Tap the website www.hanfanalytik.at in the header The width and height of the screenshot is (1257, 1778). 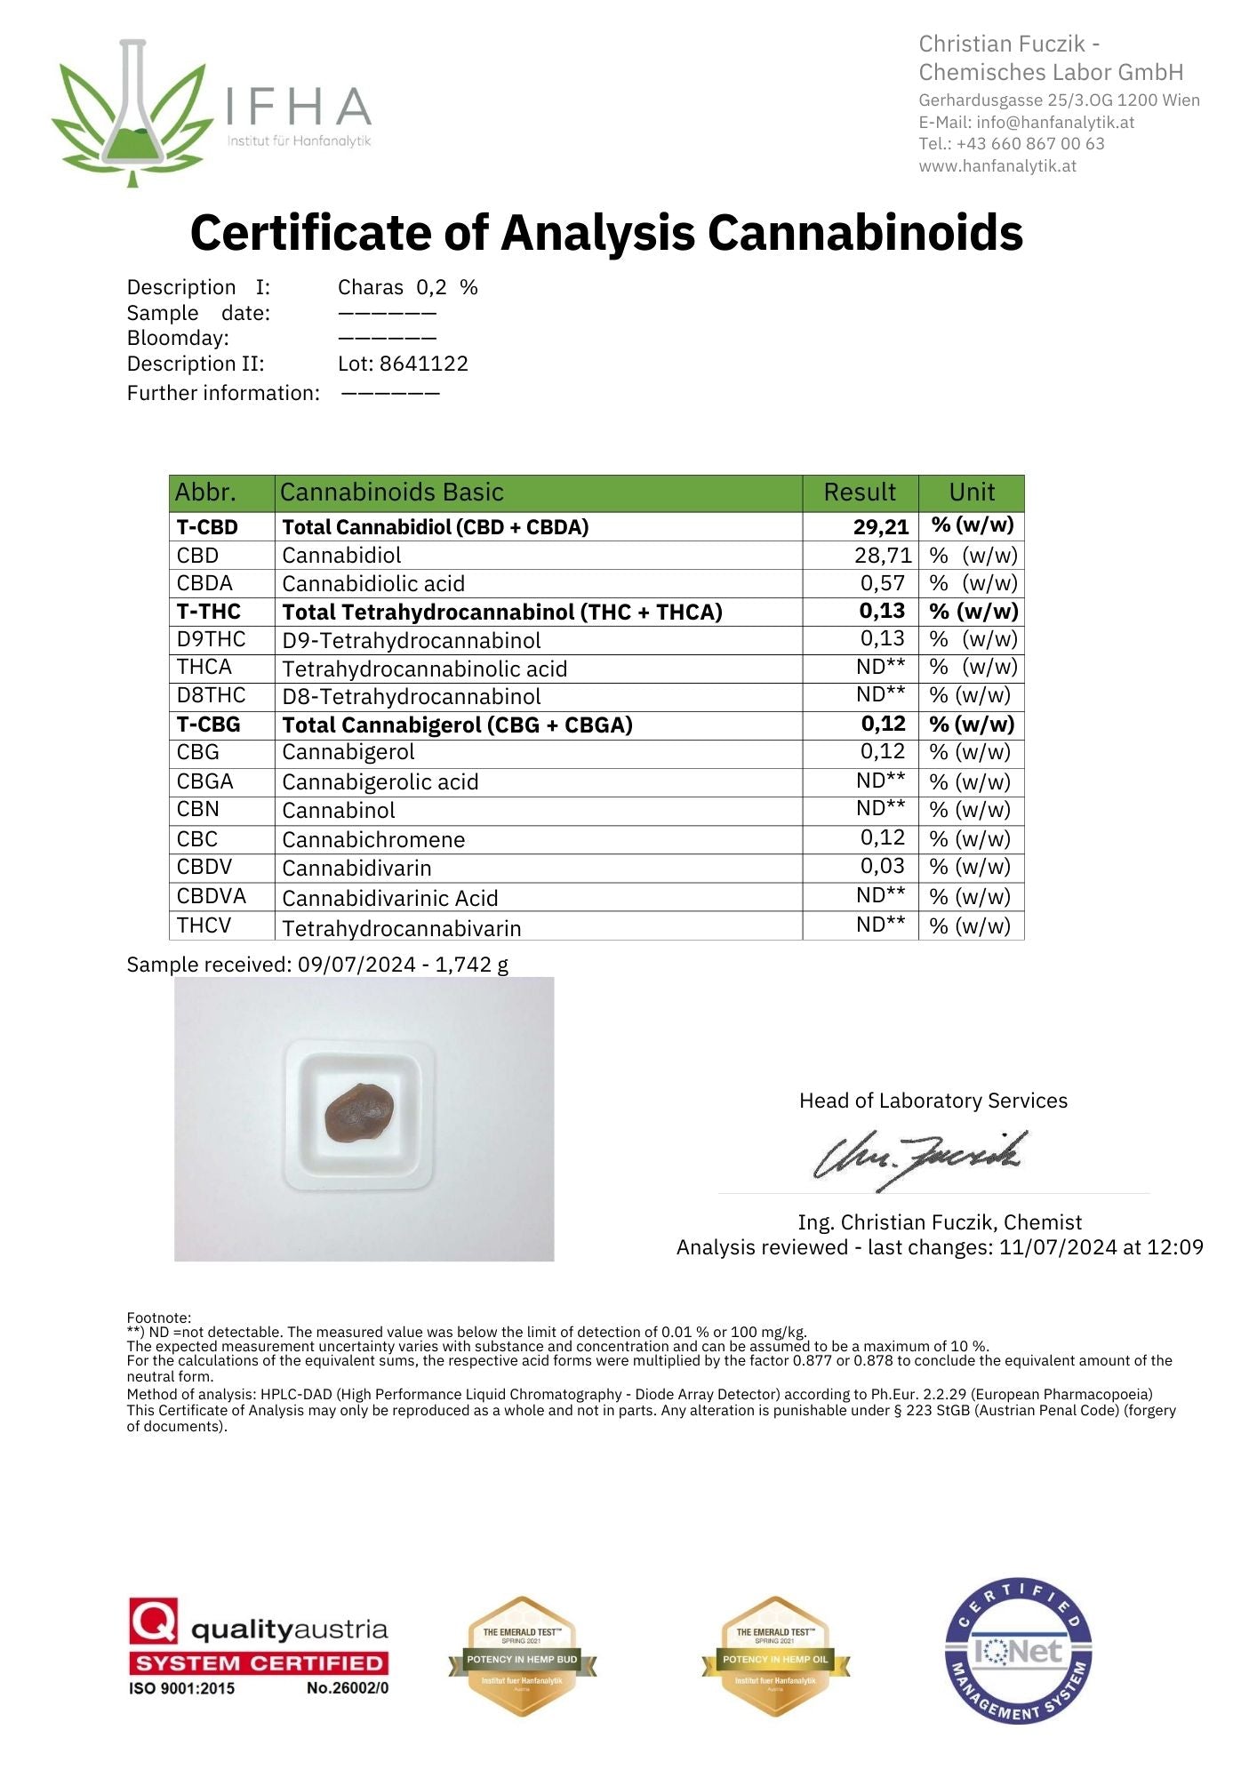point(997,166)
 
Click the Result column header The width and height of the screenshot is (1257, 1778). point(860,493)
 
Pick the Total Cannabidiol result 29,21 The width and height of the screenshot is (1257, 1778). point(880,527)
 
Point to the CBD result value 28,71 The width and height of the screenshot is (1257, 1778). point(882,556)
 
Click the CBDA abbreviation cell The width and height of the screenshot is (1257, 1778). point(204,584)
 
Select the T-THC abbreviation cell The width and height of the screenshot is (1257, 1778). point(208,612)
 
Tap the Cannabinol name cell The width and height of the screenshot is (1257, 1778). point(339,811)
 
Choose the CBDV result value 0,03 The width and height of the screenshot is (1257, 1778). point(882,867)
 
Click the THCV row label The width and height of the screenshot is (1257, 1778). point(204,926)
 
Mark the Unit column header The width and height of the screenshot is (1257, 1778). point(972,493)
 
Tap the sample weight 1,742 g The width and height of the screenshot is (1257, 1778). point(471,965)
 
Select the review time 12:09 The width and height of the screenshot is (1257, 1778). point(1175,1247)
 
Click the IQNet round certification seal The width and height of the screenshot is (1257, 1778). point(1018,1652)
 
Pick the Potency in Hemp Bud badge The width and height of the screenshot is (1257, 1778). point(522,1657)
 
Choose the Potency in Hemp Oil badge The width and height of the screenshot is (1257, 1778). point(775,1657)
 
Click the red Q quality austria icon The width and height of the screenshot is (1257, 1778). point(154,1622)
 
